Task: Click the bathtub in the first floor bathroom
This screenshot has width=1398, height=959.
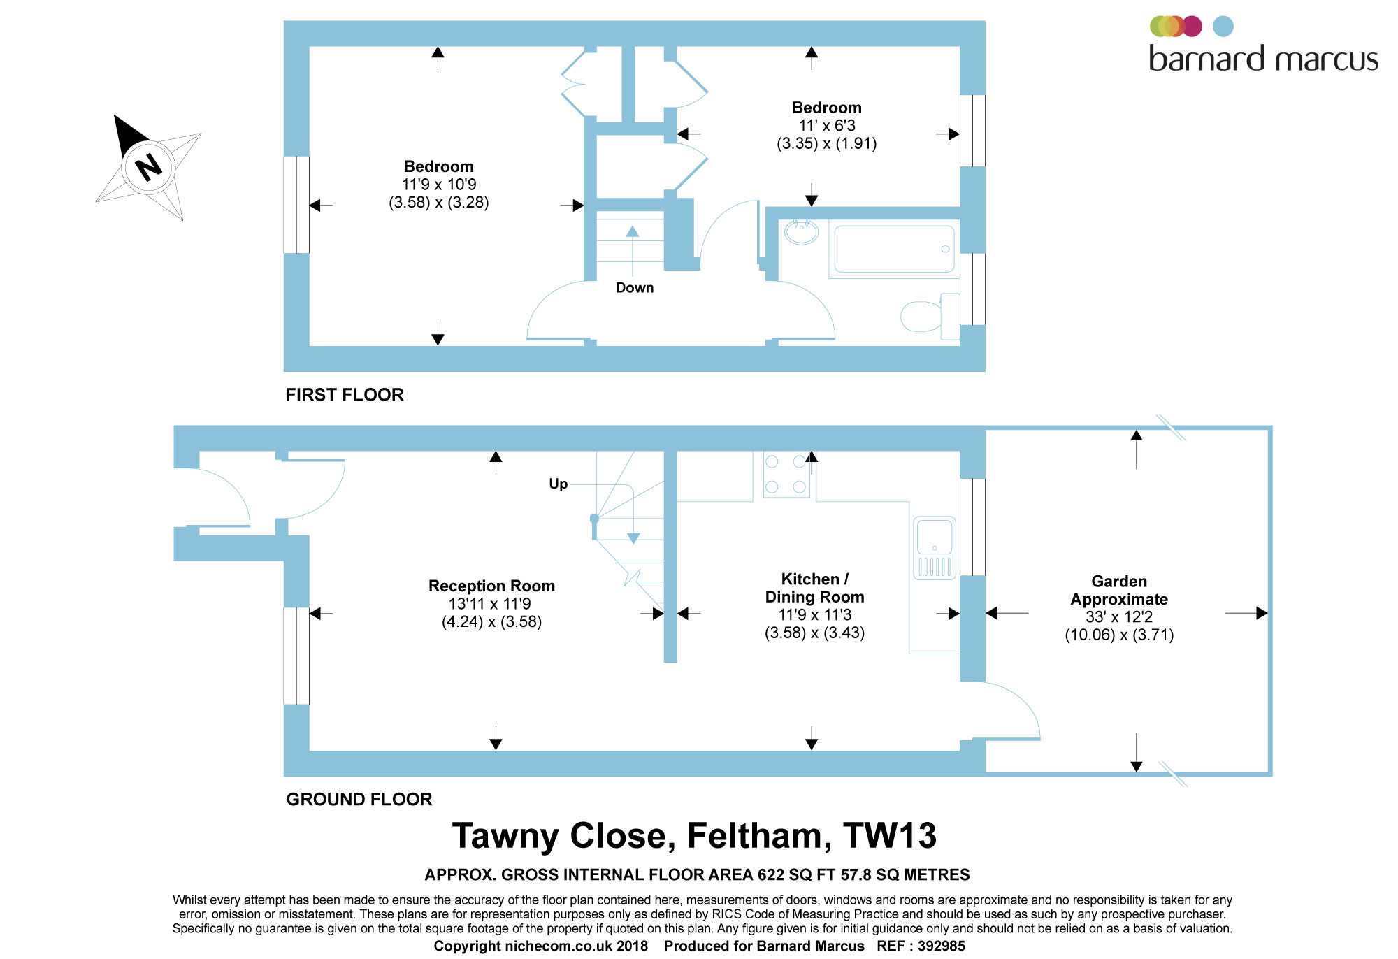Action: click(894, 249)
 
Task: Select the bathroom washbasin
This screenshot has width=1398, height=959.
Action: click(801, 232)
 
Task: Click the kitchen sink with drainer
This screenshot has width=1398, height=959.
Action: click(935, 548)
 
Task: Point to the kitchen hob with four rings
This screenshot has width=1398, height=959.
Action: click(786, 475)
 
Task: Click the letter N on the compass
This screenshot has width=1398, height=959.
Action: click(148, 167)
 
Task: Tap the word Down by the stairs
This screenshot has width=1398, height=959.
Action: click(635, 288)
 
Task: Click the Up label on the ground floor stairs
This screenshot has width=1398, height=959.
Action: click(558, 484)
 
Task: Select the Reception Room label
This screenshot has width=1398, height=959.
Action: click(491, 586)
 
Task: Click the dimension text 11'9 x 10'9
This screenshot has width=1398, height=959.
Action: click(439, 185)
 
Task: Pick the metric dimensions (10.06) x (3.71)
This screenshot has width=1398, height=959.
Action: click(1119, 635)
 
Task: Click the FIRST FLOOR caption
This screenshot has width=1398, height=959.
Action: click(345, 395)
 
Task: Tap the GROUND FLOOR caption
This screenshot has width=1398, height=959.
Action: click(359, 799)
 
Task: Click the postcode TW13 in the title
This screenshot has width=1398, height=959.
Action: click(890, 835)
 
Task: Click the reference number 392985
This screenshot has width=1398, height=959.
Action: click(942, 946)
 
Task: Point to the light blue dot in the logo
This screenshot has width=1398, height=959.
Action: click(1223, 27)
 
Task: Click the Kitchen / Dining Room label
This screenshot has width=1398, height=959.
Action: click(814, 588)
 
